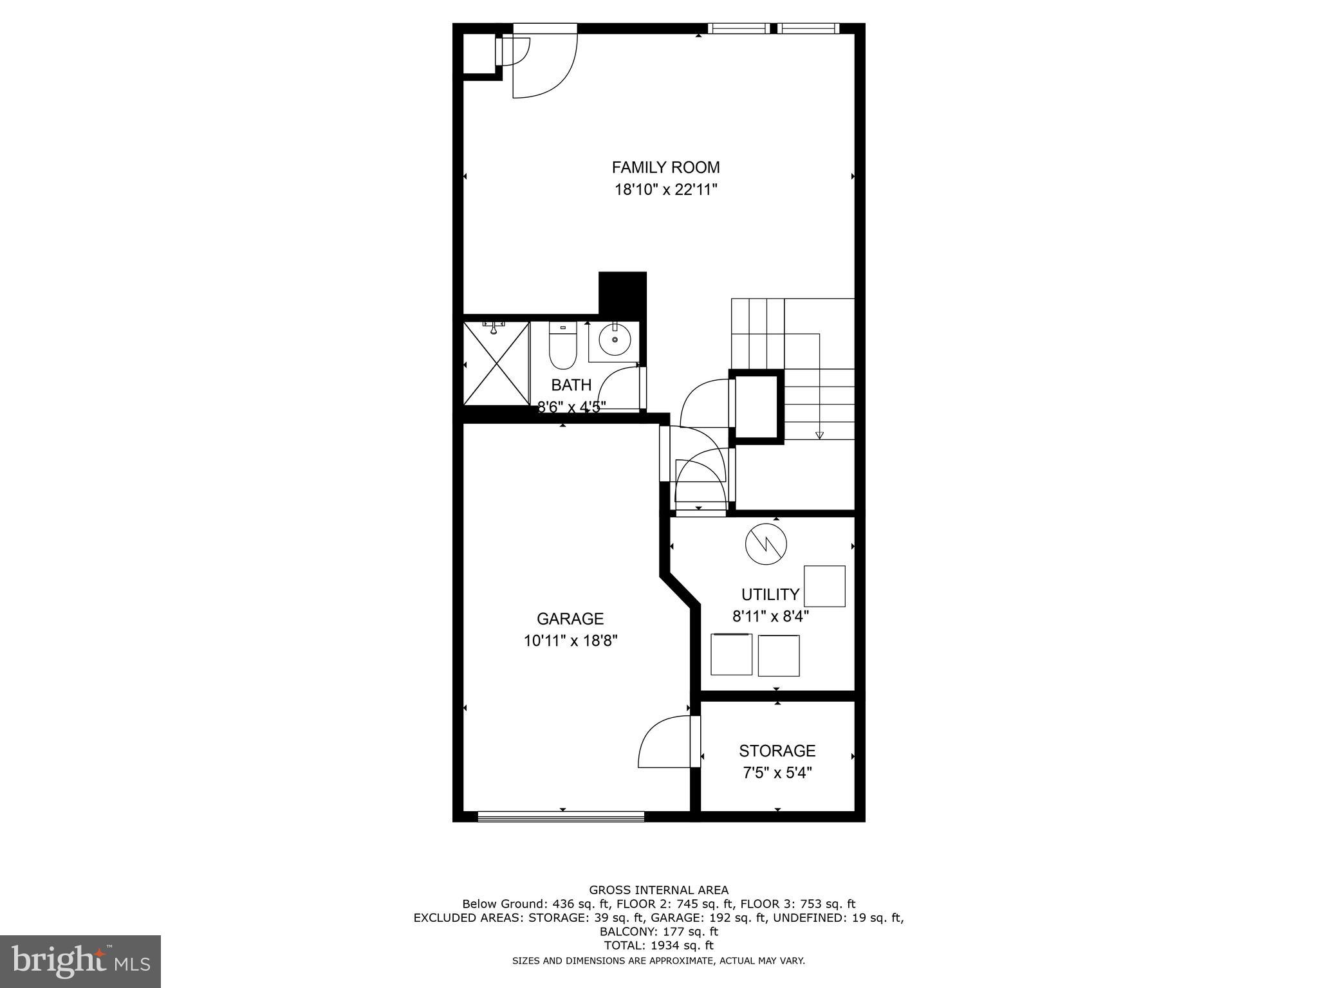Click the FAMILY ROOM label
pyautogui.click(x=665, y=167)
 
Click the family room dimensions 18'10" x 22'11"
pyautogui.click(x=665, y=190)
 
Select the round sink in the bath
pyautogui.click(x=615, y=340)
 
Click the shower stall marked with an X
pyautogui.click(x=496, y=363)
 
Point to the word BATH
pyautogui.click(x=571, y=385)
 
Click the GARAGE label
pyautogui.click(x=570, y=619)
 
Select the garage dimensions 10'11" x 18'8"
pyautogui.click(x=570, y=641)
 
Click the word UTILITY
pyautogui.click(x=770, y=594)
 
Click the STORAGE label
pyautogui.click(x=777, y=751)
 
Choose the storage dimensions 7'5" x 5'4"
pyautogui.click(x=777, y=773)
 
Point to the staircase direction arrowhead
pyautogui.click(x=819, y=435)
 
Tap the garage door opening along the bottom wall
pyautogui.click(x=561, y=816)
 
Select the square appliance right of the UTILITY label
pyautogui.click(x=824, y=586)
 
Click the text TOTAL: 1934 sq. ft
pyautogui.click(x=658, y=946)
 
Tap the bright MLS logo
pyautogui.click(x=80, y=961)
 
